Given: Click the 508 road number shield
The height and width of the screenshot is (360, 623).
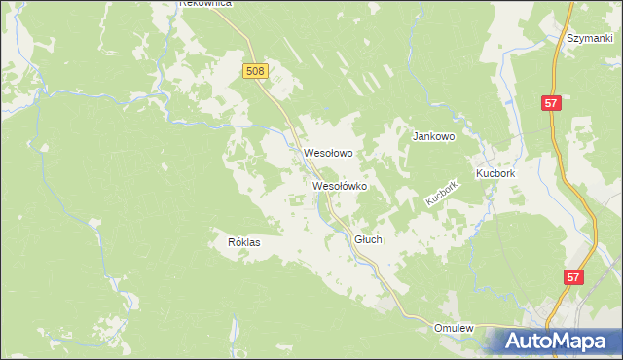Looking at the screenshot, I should pos(255,71).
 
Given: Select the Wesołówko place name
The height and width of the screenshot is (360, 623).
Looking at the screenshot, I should pos(339,185).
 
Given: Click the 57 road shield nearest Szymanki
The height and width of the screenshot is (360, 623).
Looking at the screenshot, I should pos(552,103).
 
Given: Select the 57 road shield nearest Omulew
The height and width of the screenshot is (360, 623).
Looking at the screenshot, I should pos(574,277).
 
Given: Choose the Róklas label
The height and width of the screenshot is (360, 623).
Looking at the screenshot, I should pos(243,242).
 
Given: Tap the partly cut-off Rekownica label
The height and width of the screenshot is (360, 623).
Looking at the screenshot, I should pos(205,4).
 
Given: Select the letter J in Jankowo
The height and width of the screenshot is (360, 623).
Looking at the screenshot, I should pos(416,137).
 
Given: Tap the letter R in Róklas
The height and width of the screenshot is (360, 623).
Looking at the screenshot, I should pos(231,242).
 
